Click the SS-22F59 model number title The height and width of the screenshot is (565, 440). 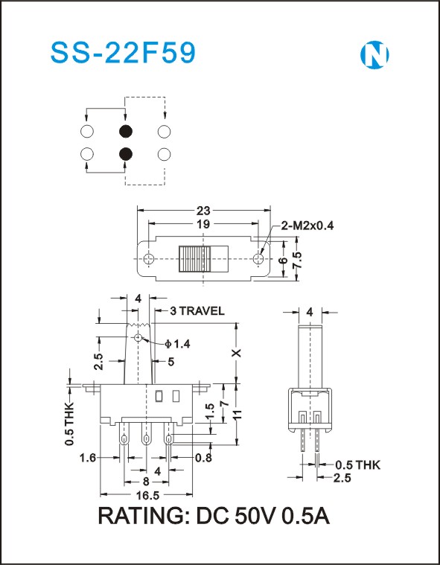point(123,54)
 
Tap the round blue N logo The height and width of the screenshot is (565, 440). point(374,55)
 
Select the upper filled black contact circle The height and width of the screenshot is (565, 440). point(125,131)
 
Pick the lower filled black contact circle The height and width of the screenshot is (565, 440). point(125,154)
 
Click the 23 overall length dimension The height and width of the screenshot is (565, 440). point(203,210)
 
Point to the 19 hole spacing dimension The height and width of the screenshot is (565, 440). point(203,224)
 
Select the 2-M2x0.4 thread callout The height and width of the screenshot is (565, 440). point(307,226)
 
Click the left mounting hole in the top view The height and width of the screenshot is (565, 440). point(148,259)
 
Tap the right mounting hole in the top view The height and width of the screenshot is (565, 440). point(258,259)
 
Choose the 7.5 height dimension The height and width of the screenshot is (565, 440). point(297,260)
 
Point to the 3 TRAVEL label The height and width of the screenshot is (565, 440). point(197,310)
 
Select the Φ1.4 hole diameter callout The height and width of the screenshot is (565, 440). point(177,344)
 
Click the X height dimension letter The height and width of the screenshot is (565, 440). point(237,352)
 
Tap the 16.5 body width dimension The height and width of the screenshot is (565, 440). point(146,496)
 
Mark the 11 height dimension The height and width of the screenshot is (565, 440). point(237,412)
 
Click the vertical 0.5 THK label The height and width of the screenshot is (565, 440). point(69,423)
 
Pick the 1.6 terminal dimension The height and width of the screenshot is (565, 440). point(88,458)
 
